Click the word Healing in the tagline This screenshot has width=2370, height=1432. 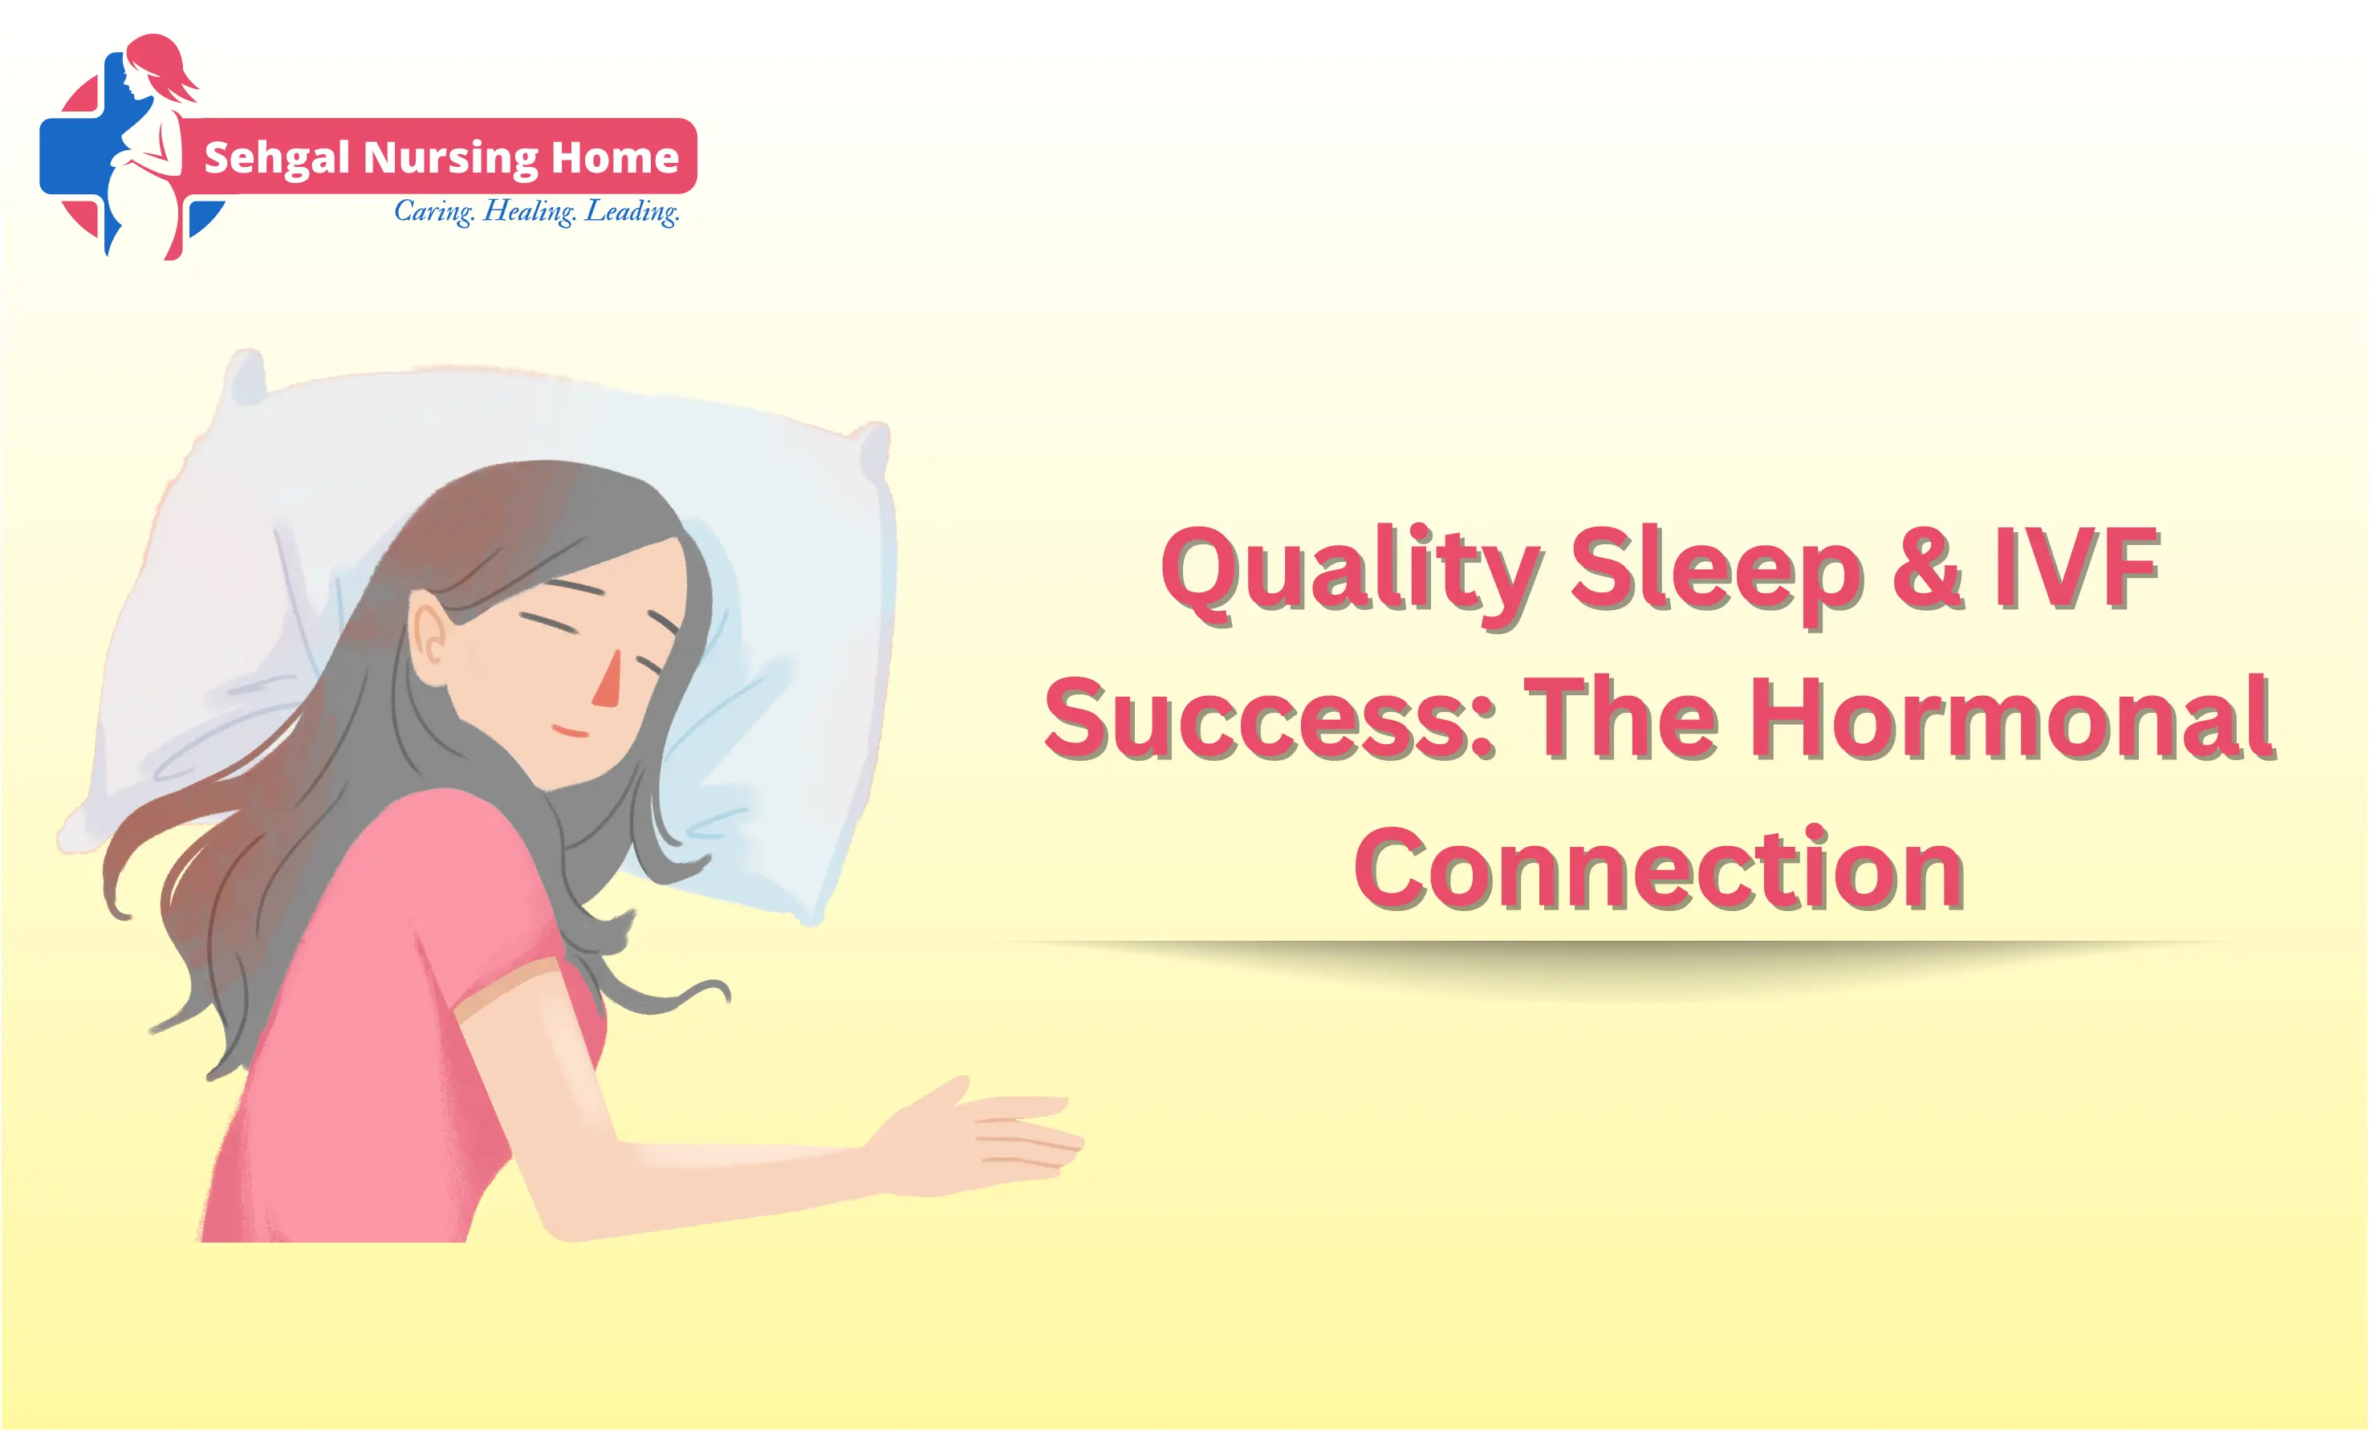pos(529,210)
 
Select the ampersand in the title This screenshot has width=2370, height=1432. pos(1928,568)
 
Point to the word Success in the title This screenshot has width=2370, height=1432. pos(1270,718)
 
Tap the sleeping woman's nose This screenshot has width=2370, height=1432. pos(608,680)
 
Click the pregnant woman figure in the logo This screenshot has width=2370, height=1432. pos(149,149)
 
